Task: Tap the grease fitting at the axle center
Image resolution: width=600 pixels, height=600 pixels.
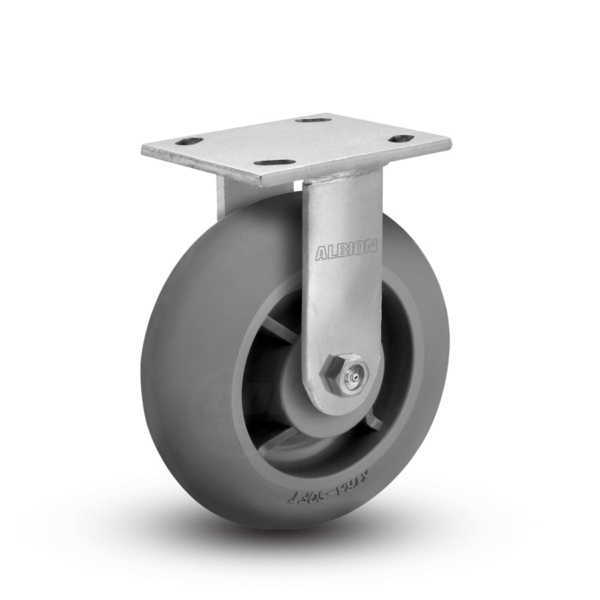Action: pos(351,379)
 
